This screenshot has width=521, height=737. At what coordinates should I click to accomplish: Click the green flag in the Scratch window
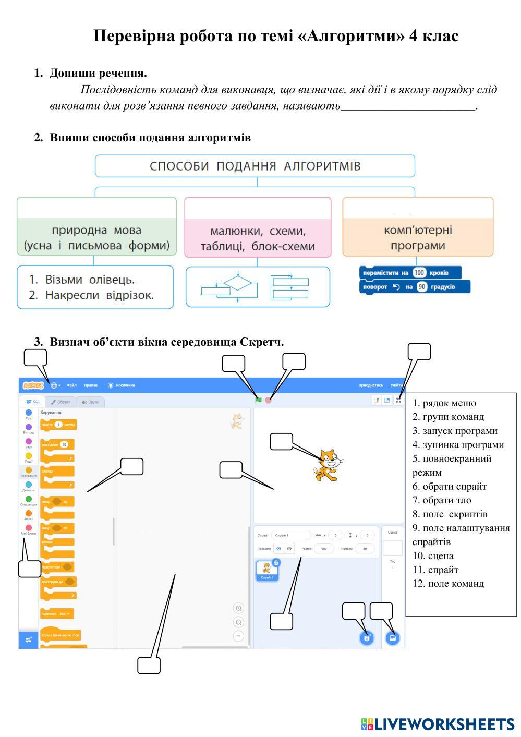tap(258, 400)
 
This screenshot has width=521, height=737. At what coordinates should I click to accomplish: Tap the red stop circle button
tap(269, 400)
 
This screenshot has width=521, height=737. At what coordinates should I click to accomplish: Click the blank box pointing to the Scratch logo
tap(35, 358)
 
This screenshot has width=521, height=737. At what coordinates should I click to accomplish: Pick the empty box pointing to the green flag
tap(234, 364)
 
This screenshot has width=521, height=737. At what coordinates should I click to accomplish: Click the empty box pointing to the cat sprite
tap(281, 442)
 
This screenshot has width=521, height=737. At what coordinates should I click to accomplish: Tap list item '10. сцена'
tap(433, 556)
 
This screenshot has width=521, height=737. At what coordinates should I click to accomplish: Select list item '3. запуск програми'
tap(455, 431)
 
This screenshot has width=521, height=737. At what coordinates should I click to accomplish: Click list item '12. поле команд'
tap(448, 584)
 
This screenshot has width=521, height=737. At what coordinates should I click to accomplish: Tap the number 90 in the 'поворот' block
tap(422, 287)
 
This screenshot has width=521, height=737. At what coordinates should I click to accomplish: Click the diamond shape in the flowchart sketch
tap(238, 284)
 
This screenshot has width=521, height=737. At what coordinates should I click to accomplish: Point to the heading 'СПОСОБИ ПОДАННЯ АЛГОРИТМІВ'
tap(255, 166)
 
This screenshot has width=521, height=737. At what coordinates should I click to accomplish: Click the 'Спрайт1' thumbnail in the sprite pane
tap(267, 570)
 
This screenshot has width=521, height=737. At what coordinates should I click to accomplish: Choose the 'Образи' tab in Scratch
tap(61, 402)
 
